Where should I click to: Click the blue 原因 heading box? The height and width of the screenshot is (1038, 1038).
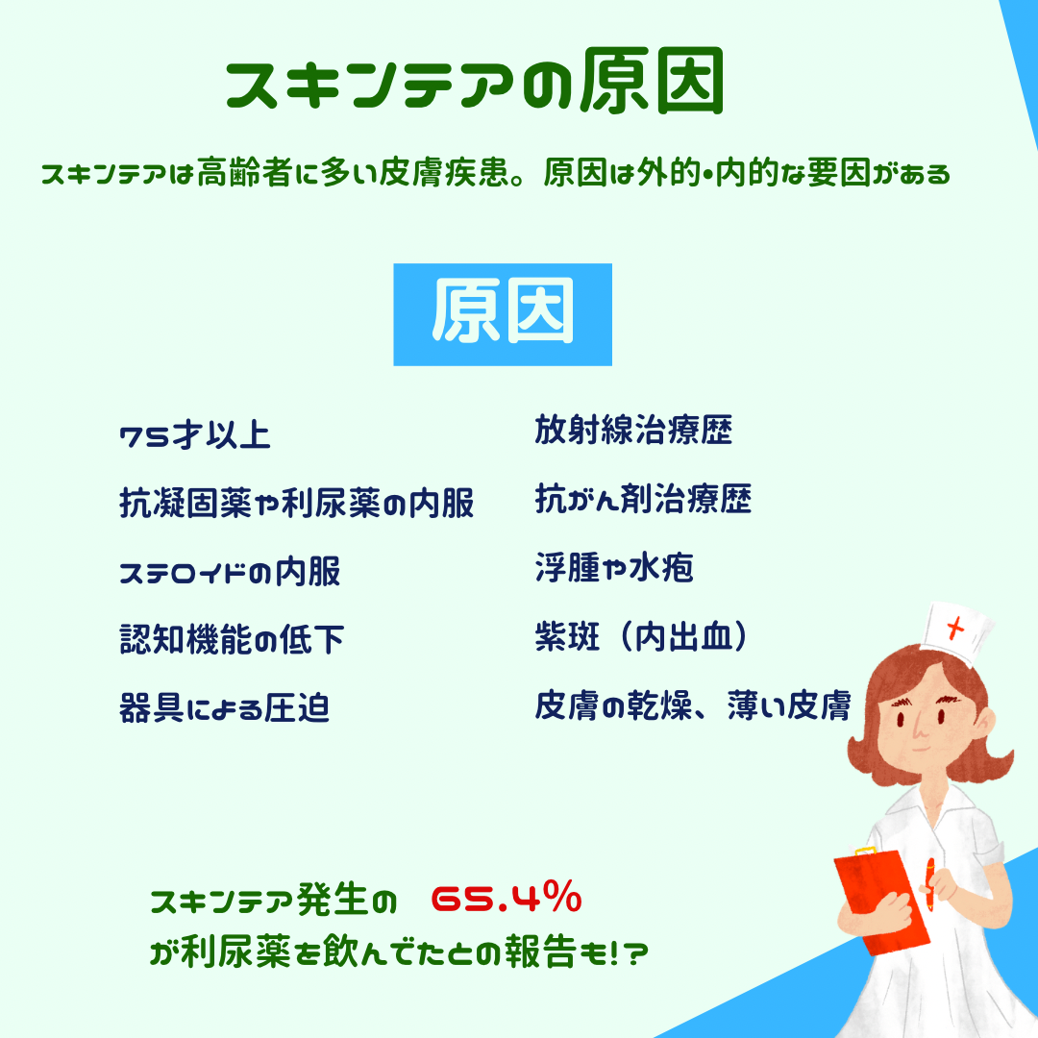pos(503,314)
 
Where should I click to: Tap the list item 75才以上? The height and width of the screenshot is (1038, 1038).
pos(195,435)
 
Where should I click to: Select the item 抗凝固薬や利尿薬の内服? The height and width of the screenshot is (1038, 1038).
pos(297,503)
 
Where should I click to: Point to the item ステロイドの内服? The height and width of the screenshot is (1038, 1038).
pos(230,572)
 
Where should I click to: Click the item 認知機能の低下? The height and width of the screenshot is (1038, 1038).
pos(232,639)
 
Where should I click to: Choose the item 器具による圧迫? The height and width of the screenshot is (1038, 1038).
pos(224,707)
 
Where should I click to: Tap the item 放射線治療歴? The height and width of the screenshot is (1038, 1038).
pos(633,430)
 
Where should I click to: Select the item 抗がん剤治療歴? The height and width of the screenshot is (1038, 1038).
pos(643,499)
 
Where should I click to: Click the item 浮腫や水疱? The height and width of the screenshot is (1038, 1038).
pos(614,567)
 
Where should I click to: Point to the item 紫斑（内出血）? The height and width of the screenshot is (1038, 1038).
pos(641,637)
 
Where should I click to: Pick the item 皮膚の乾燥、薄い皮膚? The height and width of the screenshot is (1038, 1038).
pos(693,705)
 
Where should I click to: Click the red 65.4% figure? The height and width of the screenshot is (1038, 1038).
pos(507,898)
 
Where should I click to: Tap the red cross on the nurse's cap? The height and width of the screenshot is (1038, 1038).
pos(955,627)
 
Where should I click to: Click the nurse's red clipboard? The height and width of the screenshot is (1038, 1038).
pos(881,902)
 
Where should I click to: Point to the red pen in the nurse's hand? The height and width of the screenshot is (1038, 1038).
pos(930,884)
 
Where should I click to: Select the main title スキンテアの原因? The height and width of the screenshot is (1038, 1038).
pos(475,82)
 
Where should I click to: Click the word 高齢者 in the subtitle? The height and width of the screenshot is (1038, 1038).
pos(244,173)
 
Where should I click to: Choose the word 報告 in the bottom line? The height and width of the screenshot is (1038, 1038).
pos(540,951)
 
